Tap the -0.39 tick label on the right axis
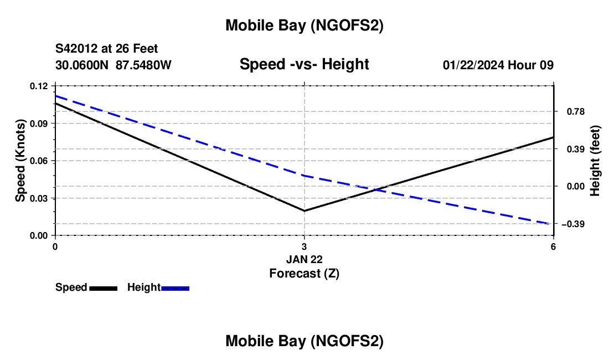coord(572,224)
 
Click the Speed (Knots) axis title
coord(20,161)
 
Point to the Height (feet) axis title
coord(596,161)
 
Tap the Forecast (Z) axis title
coord(304,273)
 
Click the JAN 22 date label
coord(304,259)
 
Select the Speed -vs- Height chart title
coord(304,65)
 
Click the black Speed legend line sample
coord(103,288)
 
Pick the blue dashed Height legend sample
coord(176,288)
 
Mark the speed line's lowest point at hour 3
coord(304,210)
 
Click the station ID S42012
coord(79,49)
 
